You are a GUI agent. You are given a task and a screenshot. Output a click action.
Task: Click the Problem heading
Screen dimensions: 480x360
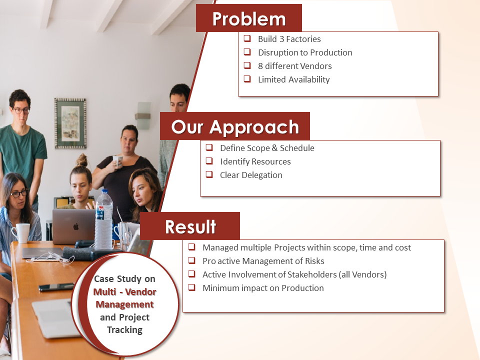pos(249,19)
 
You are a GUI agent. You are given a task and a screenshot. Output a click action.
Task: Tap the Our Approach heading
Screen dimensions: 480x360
pos(235,126)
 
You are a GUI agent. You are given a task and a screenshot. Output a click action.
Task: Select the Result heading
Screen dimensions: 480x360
pos(190,227)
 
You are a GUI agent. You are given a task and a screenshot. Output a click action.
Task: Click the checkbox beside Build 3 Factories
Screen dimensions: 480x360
pos(247,38)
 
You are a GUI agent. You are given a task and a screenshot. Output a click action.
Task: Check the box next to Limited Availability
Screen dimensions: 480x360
pos(247,79)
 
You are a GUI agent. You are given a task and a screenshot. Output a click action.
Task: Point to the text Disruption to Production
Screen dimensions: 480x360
pos(305,52)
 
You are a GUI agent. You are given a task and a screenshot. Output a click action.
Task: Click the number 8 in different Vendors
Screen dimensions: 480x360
pos(260,66)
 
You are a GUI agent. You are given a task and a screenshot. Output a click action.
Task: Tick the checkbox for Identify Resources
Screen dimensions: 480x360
pos(209,161)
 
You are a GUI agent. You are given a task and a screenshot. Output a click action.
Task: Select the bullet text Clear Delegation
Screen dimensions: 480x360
pos(251,175)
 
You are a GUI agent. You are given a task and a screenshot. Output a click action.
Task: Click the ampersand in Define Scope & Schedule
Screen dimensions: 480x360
pos(274,148)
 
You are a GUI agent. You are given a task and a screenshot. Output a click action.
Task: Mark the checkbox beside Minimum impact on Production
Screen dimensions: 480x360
pos(191,287)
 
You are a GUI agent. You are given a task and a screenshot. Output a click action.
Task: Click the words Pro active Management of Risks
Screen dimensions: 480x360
pos(263,261)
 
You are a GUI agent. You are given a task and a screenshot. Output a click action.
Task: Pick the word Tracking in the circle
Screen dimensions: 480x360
pos(124,330)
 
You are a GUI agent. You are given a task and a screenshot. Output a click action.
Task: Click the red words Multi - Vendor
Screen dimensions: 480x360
pos(124,291)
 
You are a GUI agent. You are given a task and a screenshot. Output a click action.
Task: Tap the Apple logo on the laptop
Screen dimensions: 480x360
pos(76,226)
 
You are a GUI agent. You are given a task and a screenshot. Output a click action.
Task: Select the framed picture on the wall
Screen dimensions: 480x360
pos(70,123)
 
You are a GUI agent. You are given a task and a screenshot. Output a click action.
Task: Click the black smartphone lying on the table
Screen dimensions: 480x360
pos(56,287)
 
